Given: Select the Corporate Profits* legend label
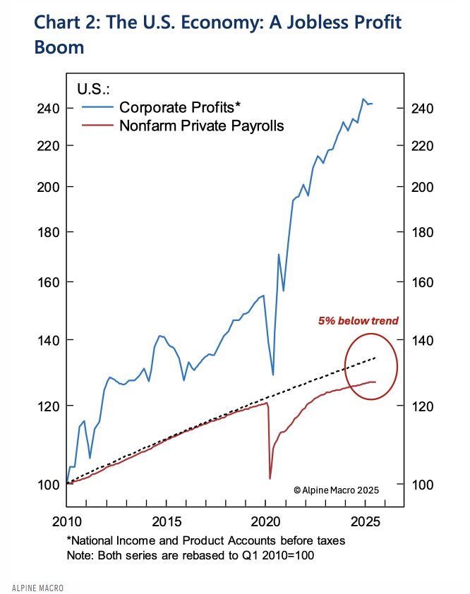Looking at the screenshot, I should point(180,107).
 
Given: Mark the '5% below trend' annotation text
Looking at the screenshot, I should point(358,321).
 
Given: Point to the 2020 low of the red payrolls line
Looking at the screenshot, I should point(270,479).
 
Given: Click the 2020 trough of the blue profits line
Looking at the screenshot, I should point(273,375).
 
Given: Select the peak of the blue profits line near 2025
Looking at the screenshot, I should point(363,99).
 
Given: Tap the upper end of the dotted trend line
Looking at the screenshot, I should point(375,358).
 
